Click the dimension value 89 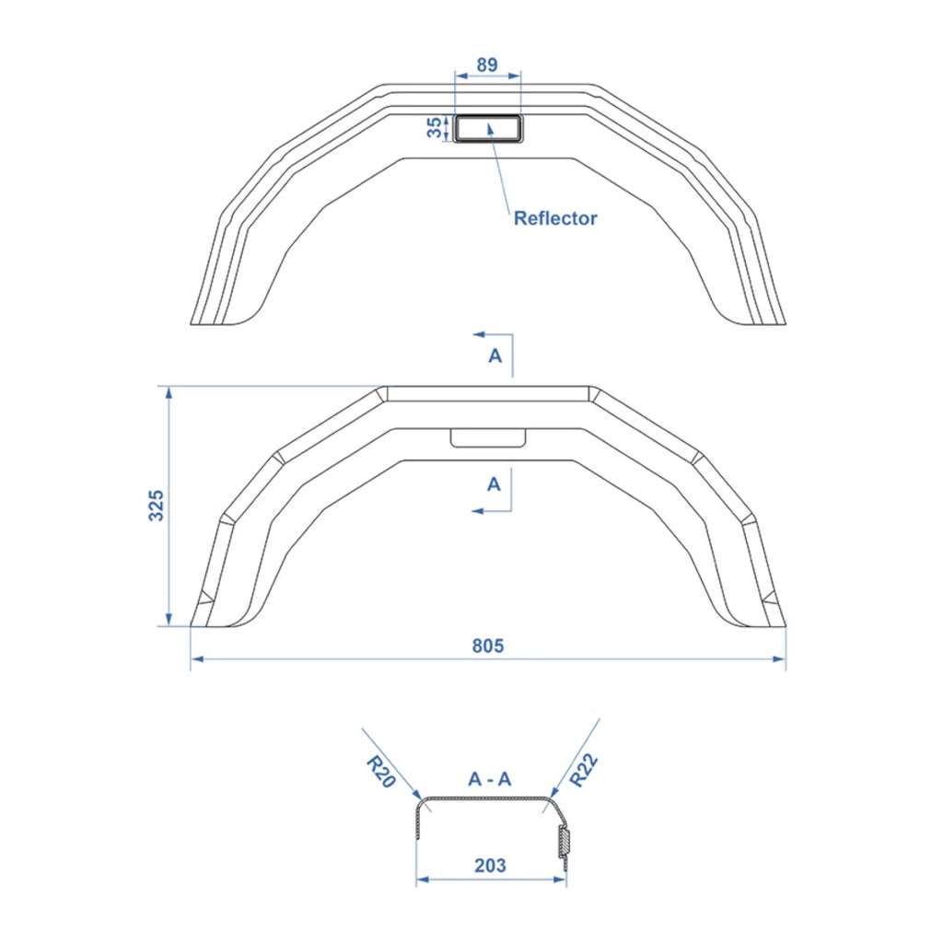pos(486,64)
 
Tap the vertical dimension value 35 pos(435,127)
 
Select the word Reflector pos(555,218)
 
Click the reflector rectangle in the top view pos(488,128)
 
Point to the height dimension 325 pos(157,506)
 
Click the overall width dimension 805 pos(488,646)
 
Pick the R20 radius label pos(380,772)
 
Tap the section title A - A pos(490,779)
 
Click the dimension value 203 pos(490,866)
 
